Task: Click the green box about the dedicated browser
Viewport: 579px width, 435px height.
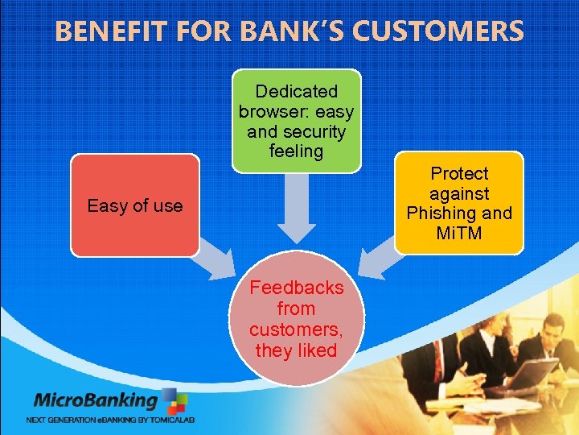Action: [296, 121]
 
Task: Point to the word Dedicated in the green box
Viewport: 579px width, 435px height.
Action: [296, 92]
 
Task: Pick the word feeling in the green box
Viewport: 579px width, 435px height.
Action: [296, 151]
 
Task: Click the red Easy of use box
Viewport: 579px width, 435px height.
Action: [134, 205]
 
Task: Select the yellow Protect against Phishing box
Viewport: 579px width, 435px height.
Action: [458, 203]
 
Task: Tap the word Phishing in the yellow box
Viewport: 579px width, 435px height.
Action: [458, 213]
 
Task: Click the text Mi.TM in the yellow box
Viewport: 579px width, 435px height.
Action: [458, 234]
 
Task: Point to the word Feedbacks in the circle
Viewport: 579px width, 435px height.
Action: [296, 288]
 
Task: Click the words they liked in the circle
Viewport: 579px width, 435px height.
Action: [296, 350]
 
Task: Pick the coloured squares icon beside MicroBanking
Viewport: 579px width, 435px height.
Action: [175, 401]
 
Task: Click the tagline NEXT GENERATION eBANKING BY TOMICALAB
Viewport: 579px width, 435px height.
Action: [111, 420]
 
